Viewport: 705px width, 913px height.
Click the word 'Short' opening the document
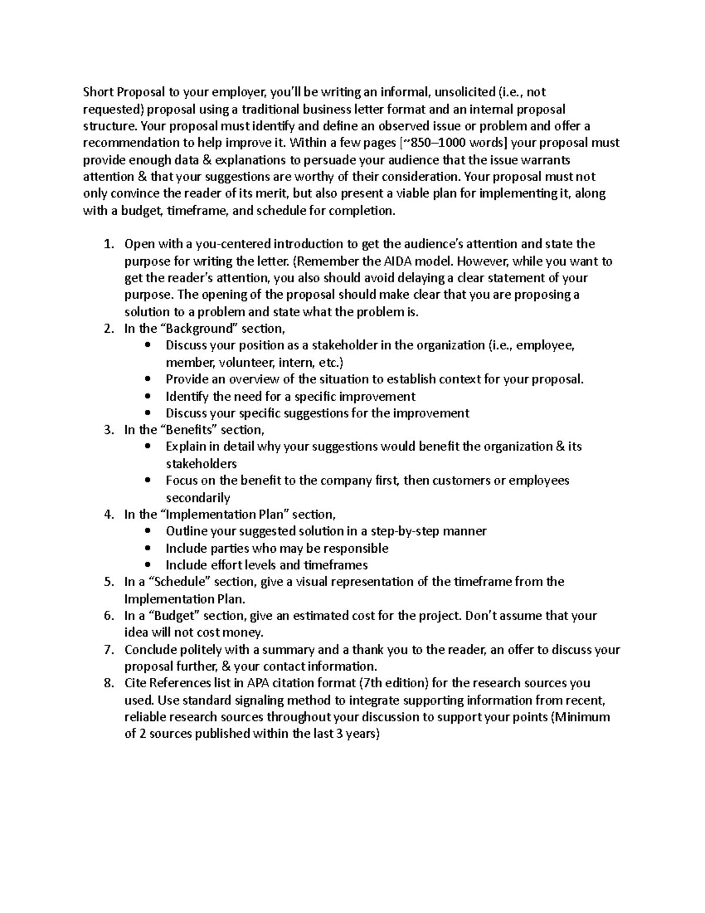pyautogui.click(x=97, y=92)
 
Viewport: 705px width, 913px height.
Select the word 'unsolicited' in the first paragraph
pyautogui.click(x=464, y=92)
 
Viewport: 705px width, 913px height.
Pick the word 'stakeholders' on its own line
pyautogui.click(x=201, y=464)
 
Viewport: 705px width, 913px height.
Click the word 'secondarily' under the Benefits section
pyautogui.click(x=197, y=498)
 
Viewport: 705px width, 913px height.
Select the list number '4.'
pyautogui.click(x=108, y=515)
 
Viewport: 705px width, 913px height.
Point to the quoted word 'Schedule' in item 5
pyautogui.click(x=182, y=582)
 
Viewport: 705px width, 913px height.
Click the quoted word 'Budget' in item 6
pyautogui.click(x=177, y=616)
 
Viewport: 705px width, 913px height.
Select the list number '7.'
pyautogui.click(x=108, y=650)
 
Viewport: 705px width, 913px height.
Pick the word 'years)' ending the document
pyautogui.click(x=363, y=735)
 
